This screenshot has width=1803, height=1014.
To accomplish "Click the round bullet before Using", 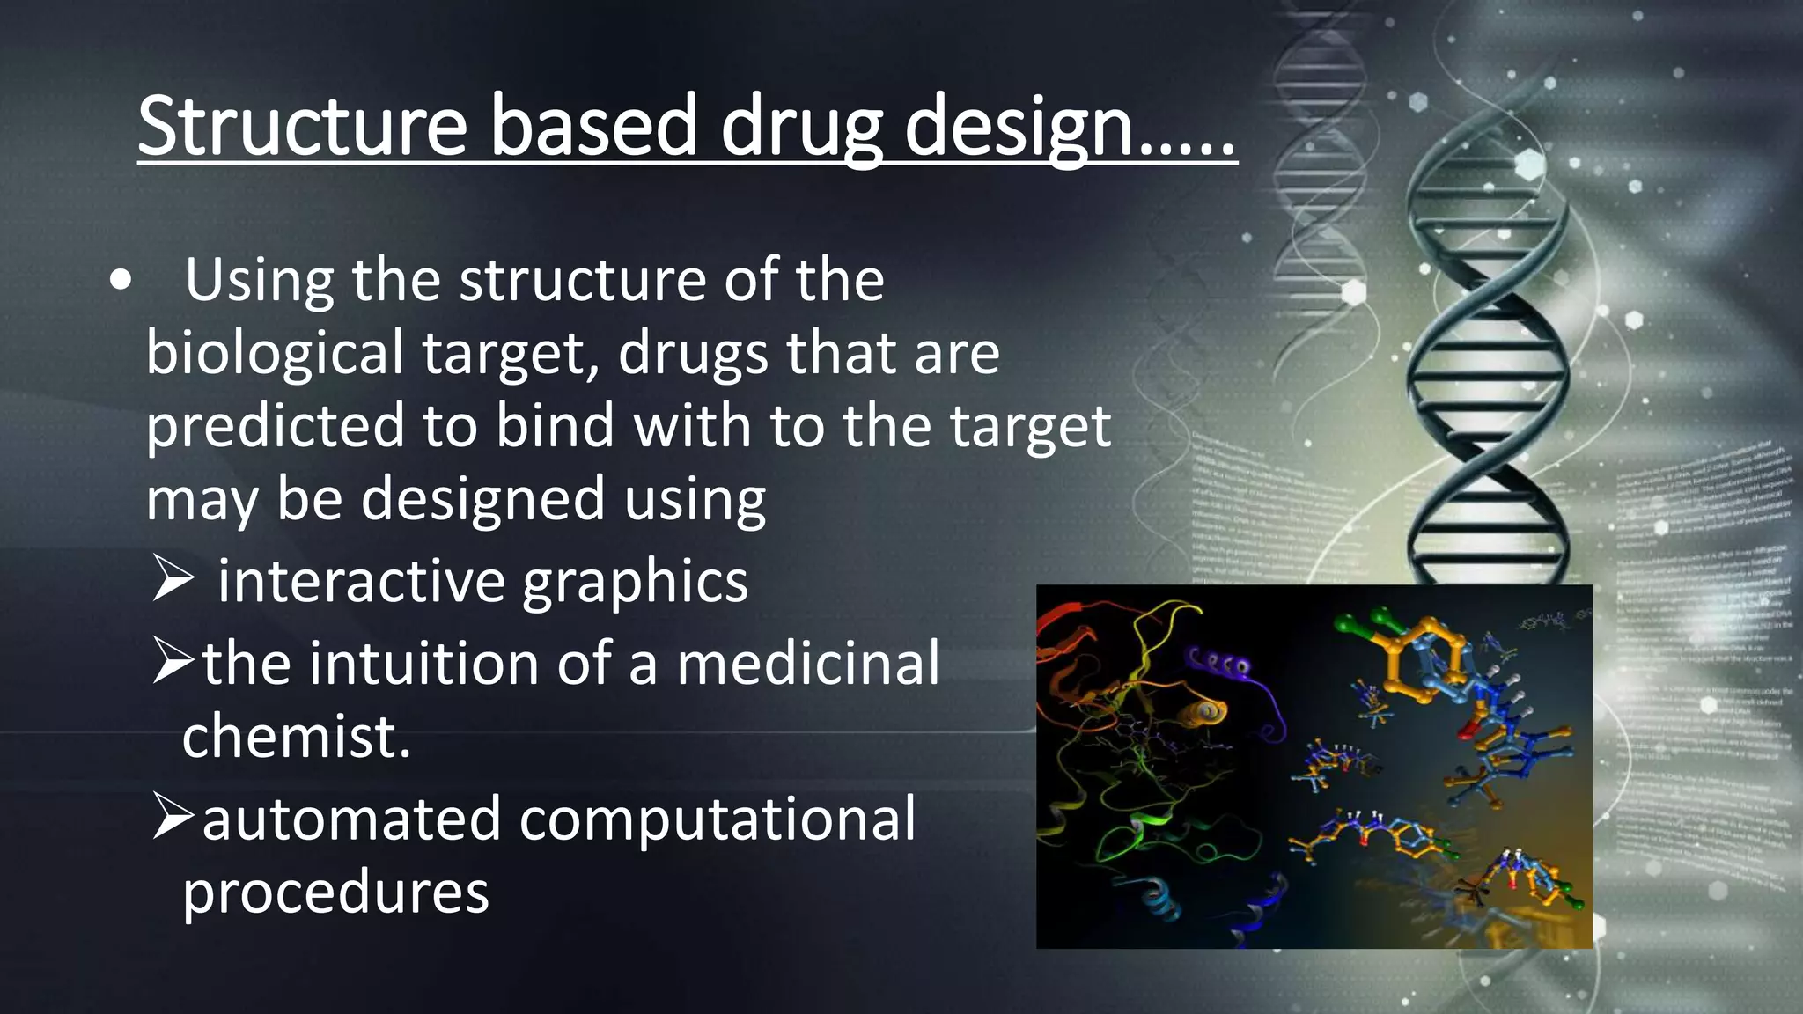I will [121, 281].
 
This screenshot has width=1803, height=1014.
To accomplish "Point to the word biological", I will [274, 353].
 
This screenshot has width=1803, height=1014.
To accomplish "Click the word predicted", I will [274, 426].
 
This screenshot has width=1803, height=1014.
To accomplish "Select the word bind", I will [555, 426].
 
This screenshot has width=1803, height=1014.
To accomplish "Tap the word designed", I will [482, 499].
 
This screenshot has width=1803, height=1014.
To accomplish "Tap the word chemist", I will [296, 736].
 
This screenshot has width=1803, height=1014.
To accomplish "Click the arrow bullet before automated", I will [173, 817].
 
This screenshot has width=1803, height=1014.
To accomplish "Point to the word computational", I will [718, 819].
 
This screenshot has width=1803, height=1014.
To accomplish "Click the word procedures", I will [335, 893].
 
